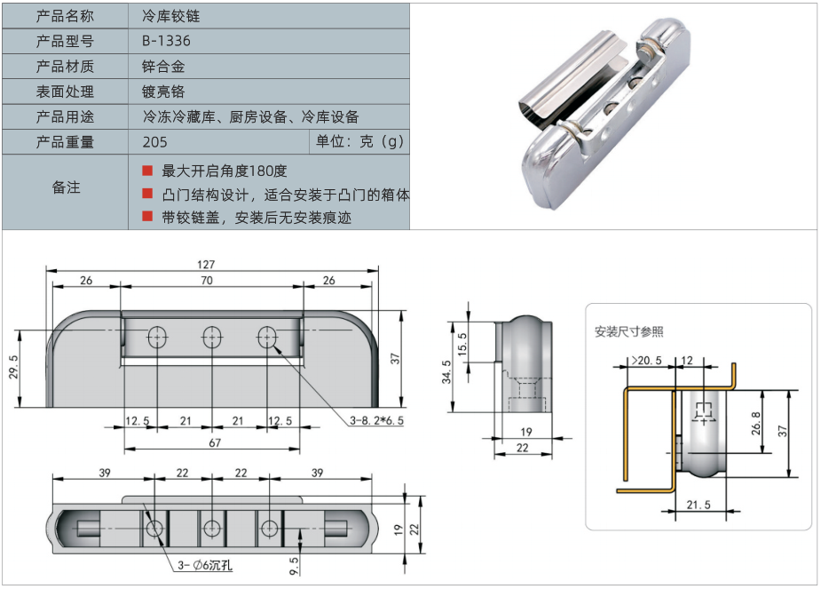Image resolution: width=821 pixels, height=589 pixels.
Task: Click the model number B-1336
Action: click(x=166, y=41)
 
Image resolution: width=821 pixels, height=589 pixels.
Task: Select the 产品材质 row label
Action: click(x=65, y=67)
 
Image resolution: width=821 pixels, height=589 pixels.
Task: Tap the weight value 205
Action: click(x=154, y=142)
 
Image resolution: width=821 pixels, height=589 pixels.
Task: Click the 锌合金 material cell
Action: click(x=162, y=67)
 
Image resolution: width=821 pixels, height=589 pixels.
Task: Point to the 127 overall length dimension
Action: click(x=207, y=264)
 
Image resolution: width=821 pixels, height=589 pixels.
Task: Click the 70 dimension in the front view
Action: click(x=207, y=281)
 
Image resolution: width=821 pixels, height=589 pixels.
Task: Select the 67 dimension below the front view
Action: click(x=213, y=443)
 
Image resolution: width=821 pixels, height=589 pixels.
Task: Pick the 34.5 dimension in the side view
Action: click(x=449, y=377)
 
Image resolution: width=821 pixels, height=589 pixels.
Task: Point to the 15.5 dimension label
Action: click(x=462, y=341)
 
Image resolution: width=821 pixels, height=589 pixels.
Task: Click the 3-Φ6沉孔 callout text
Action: click(x=206, y=565)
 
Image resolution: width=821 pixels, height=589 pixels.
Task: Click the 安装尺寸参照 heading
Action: click(x=628, y=331)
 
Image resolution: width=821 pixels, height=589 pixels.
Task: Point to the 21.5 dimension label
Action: click(x=699, y=505)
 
